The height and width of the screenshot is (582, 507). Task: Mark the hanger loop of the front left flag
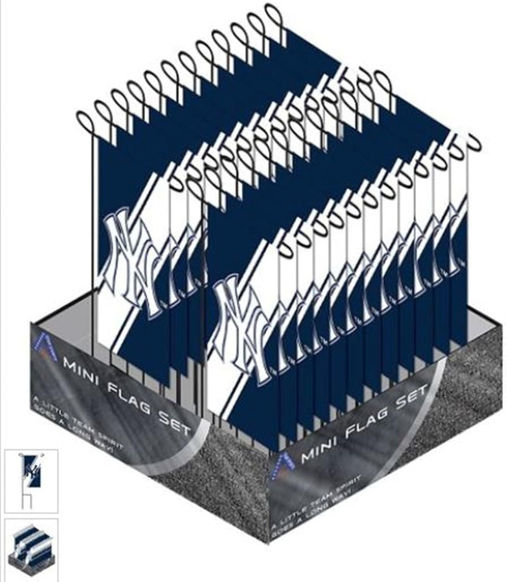tap(87, 122)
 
